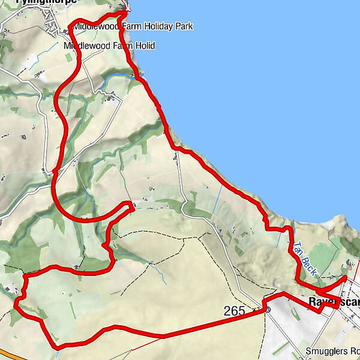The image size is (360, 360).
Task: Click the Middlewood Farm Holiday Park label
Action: coord(126,26)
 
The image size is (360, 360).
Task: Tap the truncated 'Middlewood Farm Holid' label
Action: coord(109,46)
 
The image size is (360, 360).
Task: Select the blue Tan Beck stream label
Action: coord(304,258)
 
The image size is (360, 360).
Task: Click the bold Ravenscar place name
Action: coord(334,302)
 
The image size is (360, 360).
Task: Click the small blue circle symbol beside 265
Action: coord(268,310)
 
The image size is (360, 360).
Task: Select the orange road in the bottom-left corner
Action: coord(12,355)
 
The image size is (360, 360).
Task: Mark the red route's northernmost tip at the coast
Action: coord(125,11)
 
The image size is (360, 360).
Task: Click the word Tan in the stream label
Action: coord(298,247)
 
